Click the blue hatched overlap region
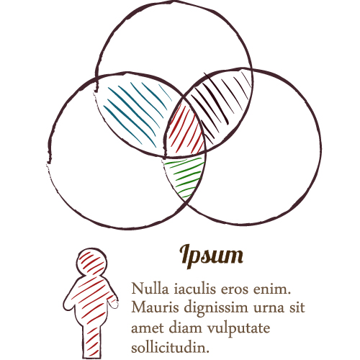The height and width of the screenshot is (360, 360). click(135, 113)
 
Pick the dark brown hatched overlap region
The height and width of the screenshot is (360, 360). click(222, 103)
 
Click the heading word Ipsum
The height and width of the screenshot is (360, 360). click(211, 256)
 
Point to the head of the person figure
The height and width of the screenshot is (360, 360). click(91, 261)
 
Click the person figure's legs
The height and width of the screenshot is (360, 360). click(91, 341)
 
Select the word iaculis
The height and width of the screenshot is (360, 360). click(195, 289)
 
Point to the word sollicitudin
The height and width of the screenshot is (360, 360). click(171, 348)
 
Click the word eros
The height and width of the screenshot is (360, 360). click(235, 289)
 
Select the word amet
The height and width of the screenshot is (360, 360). click(148, 328)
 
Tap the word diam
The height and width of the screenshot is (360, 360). click(186, 328)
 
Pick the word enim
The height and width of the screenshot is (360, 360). click(272, 289)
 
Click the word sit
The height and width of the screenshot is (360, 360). click(297, 307)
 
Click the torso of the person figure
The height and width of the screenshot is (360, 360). click(91, 300)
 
